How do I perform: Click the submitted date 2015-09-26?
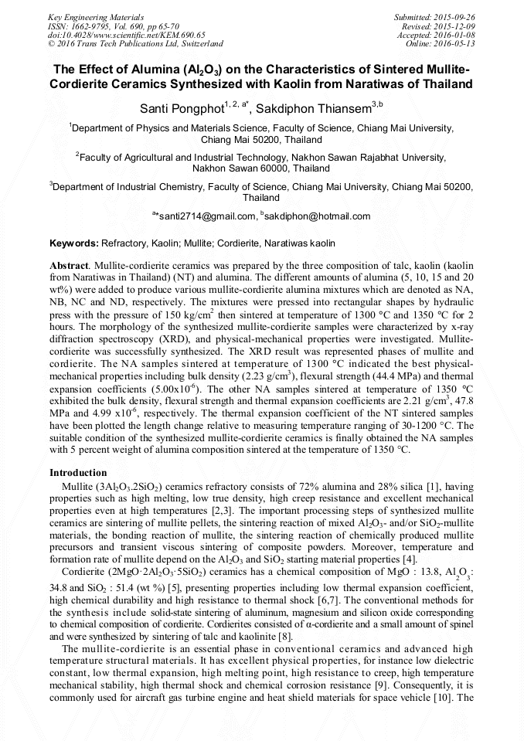click(456, 17)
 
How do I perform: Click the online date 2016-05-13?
click(456, 44)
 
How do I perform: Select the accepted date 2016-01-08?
click(456, 35)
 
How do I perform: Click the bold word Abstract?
click(68, 264)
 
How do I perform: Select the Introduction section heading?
click(78, 473)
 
